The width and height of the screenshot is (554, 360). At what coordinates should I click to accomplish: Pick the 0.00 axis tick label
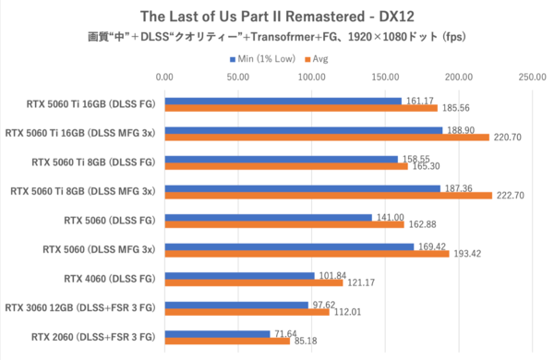pos(164,78)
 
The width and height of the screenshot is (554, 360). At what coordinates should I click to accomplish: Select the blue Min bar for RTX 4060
pos(239,275)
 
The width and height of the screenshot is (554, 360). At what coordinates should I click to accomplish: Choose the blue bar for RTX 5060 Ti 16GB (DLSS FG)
pos(283,101)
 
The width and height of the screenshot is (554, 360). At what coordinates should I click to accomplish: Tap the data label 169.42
pos(431,246)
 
